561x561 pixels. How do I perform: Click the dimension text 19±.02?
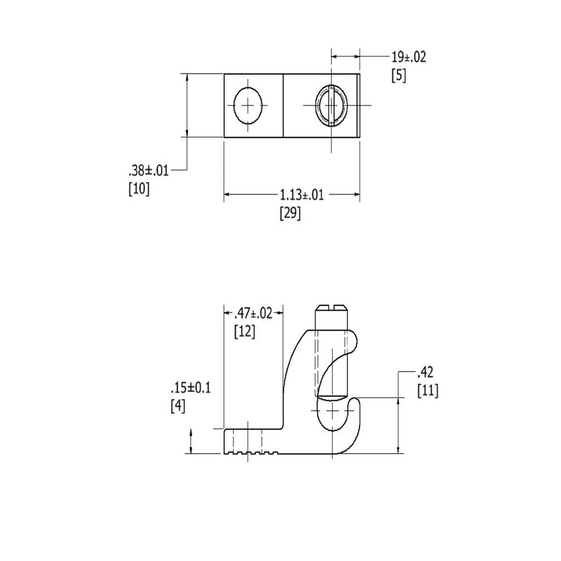(408, 56)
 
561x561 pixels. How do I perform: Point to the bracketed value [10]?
(139, 189)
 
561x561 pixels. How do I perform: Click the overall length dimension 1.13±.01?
(301, 194)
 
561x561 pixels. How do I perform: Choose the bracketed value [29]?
(290, 213)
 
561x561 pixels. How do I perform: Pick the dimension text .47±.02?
(253, 313)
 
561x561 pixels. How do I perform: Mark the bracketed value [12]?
(244, 331)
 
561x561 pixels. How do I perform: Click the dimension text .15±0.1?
(190, 388)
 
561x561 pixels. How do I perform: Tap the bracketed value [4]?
(178, 407)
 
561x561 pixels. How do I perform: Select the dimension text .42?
(426, 373)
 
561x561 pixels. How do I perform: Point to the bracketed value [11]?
(427, 391)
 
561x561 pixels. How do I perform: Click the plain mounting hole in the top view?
(248, 105)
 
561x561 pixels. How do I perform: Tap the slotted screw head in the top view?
(331, 105)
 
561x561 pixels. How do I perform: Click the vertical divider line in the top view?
(283, 105)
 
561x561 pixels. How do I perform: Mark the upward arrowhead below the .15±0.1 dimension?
(191, 433)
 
